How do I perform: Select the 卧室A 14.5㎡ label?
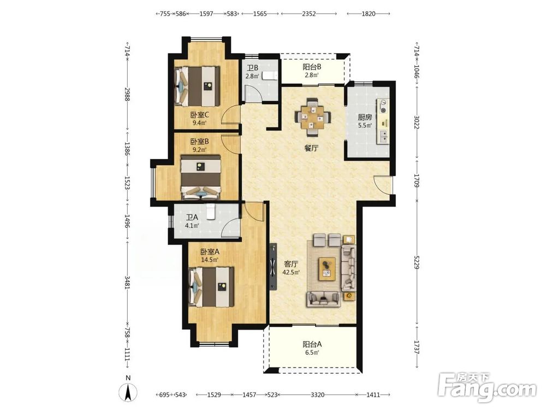tap(210, 255)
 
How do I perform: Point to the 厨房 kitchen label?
tap(365, 121)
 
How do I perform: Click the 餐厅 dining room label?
tap(311, 148)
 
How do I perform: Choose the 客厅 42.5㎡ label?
tap(292, 268)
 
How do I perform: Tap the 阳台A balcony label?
tap(312, 348)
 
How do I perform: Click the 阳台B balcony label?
tap(312, 71)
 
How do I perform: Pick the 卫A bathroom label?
tap(192, 221)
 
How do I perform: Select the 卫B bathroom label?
tap(252, 72)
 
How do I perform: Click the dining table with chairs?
tap(313, 117)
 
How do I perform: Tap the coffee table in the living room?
tap(327, 269)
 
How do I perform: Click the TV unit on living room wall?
tap(273, 267)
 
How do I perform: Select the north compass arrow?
tap(128, 392)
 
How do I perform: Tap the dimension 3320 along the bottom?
tap(317, 395)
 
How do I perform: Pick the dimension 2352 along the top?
tap(308, 14)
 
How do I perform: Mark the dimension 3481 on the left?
tap(127, 280)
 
